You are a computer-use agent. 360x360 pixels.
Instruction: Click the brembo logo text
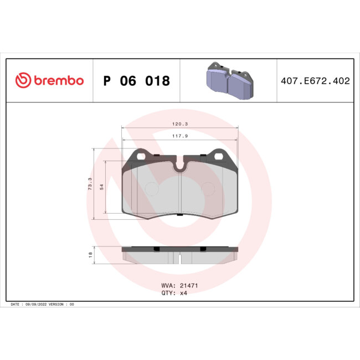[x=59, y=81]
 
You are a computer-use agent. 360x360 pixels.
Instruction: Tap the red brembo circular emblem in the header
[x=22, y=81]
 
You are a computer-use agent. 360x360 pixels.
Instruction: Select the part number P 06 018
[x=136, y=81]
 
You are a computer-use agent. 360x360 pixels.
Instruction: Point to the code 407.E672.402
[x=315, y=81]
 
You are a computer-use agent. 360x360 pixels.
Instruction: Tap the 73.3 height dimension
[x=90, y=183]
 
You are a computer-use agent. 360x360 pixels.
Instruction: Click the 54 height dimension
[x=101, y=187]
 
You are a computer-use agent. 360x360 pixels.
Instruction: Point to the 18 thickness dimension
[x=90, y=255]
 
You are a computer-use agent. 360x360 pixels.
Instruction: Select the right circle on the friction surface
[x=208, y=189]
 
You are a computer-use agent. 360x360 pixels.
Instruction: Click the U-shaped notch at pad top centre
[x=180, y=164]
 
